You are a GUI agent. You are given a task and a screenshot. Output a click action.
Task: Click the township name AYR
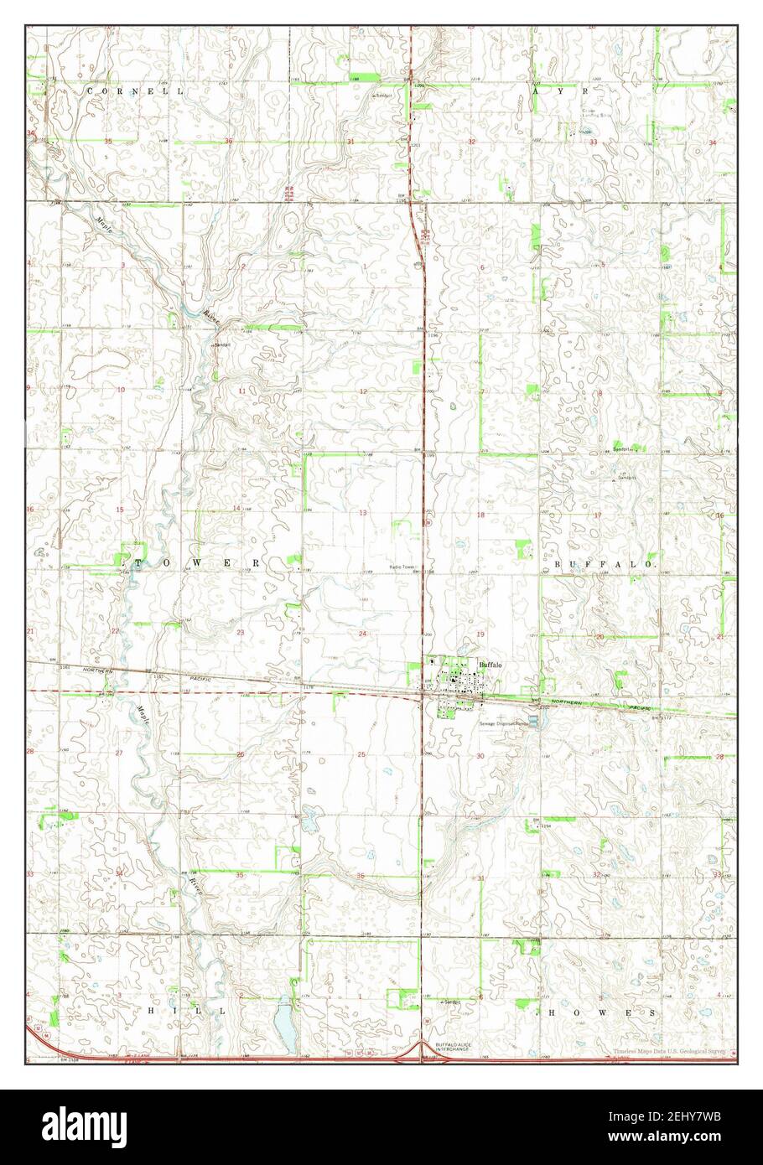point(561,89)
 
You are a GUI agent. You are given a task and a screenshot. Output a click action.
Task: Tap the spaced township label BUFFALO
point(603,566)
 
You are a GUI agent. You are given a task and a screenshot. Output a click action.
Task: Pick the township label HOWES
point(596,1012)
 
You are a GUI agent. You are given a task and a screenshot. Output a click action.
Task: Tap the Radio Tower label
point(402,567)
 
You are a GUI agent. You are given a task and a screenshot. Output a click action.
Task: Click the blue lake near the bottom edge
point(284,1028)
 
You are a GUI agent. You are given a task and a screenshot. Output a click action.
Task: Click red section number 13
point(363,511)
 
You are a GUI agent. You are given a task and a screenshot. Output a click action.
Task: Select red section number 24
point(362,634)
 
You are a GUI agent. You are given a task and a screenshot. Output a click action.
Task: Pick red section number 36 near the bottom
point(361,877)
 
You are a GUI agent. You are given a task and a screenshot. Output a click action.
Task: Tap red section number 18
point(481,515)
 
